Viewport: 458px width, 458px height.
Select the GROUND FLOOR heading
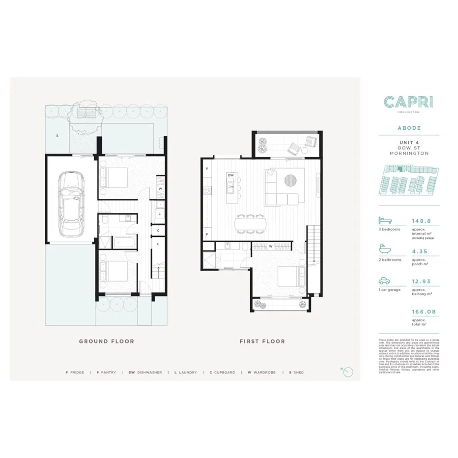(107, 341)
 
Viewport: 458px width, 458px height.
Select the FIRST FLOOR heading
(262, 341)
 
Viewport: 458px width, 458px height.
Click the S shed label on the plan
(57, 135)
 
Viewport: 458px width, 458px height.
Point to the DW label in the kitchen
(230, 175)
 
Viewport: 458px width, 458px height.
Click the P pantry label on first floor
(207, 169)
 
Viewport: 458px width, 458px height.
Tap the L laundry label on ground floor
(160, 213)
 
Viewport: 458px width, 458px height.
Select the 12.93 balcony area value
(420, 282)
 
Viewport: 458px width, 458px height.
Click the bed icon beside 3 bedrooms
(384, 221)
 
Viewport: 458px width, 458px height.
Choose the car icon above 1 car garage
(384, 281)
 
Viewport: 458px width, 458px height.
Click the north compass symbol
(348, 372)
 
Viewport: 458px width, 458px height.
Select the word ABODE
(409, 128)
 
